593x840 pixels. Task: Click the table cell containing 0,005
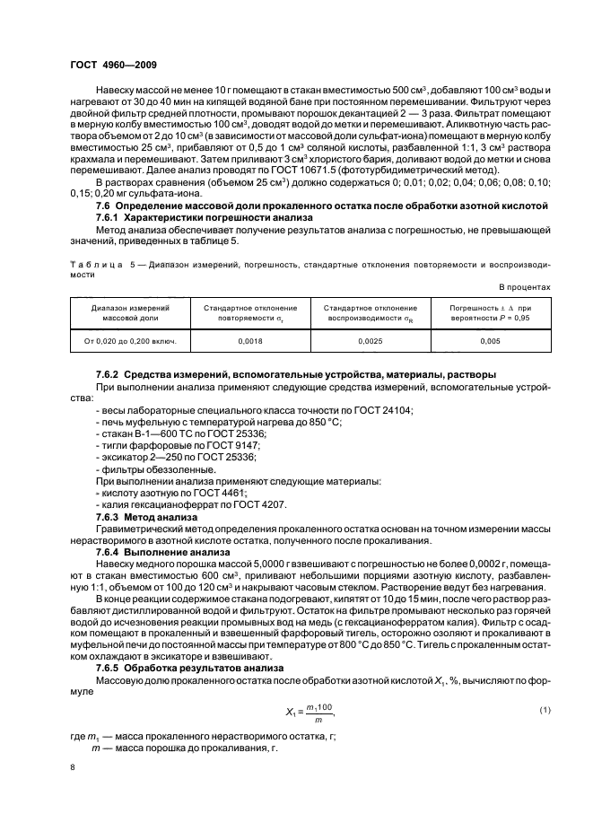[490, 342]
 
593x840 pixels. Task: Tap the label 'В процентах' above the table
[522, 286]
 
